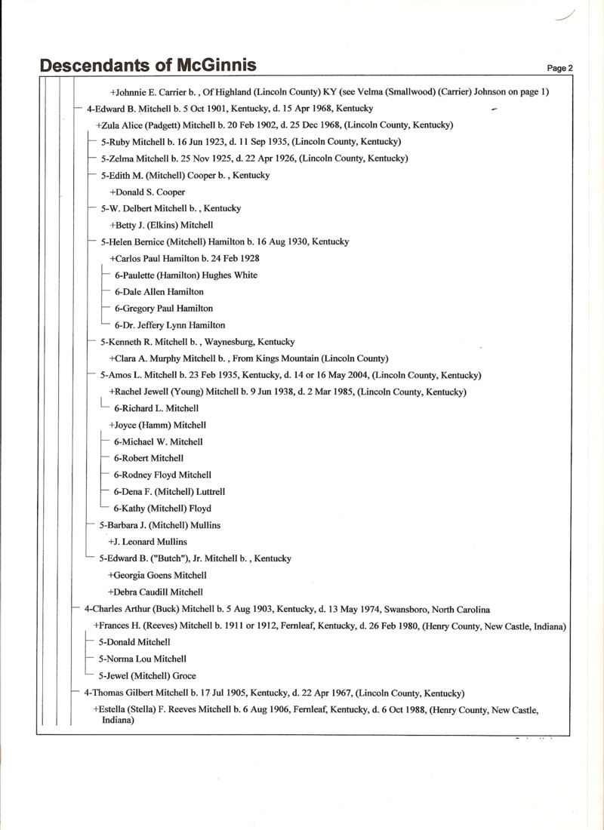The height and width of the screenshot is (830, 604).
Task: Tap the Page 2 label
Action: click(x=559, y=68)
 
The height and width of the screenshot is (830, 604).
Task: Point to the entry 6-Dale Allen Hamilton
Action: click(x=159, y=291)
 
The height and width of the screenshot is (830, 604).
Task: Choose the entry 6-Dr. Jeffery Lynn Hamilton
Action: click(x=169, y=325)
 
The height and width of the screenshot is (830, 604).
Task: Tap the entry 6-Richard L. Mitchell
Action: click(x=156, y=408)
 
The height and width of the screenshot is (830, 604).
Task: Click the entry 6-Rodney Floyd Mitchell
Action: click(x=162, y=475)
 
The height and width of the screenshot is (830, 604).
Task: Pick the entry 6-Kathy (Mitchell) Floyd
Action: click(x=162, y=508)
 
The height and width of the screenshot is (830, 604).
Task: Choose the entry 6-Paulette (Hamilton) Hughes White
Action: click(x=186, y=275)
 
